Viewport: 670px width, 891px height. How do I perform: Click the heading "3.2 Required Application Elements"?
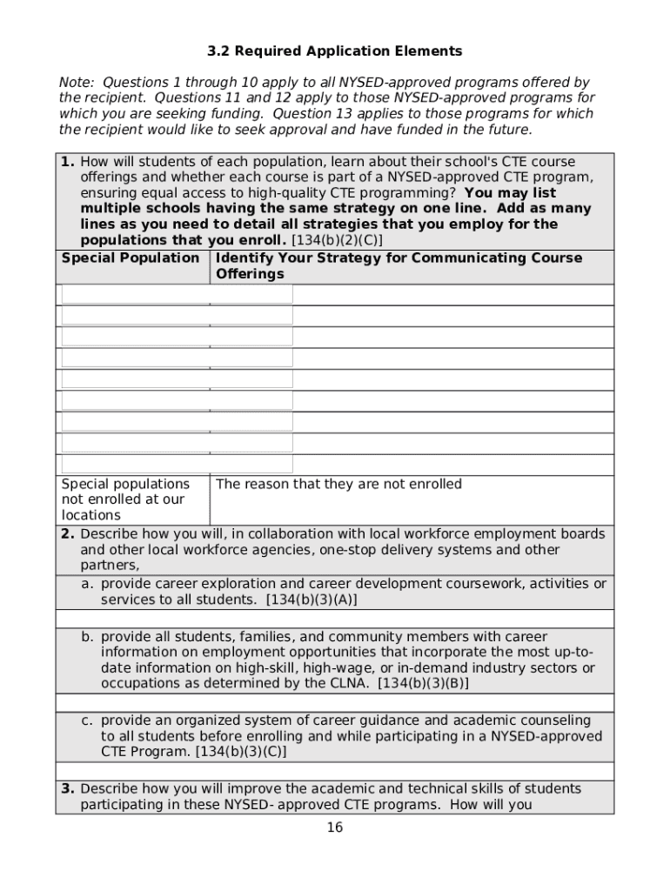(x=334, y=50)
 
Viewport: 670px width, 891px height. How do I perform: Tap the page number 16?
(x=335, y=827)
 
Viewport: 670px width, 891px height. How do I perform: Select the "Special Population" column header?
(x=131, y=258)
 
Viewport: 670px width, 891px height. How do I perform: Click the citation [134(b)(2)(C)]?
(x=337, y=240)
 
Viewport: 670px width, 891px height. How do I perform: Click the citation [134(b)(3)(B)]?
(x=423, y=684)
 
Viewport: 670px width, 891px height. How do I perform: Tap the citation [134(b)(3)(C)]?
(x=240, y=752)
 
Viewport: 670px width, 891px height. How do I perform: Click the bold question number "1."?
(x=68, y=162)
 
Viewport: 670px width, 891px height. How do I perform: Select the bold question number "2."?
(x=68, y=534)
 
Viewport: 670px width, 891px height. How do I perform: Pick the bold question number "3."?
(x=68, y=789)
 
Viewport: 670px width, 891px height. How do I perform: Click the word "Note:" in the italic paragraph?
(x=76, y=83)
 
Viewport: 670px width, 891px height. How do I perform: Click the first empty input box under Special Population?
(x=178, y=294)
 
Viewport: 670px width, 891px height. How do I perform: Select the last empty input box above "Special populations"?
(x=178, y=464)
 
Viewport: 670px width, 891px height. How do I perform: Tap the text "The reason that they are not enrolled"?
(x=338, y=484)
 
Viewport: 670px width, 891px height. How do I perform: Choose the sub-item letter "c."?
(x=89, y=720)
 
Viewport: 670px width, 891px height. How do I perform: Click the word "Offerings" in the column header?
(x=250, y=274)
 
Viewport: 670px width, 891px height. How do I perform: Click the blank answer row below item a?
(x=335, y=619)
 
